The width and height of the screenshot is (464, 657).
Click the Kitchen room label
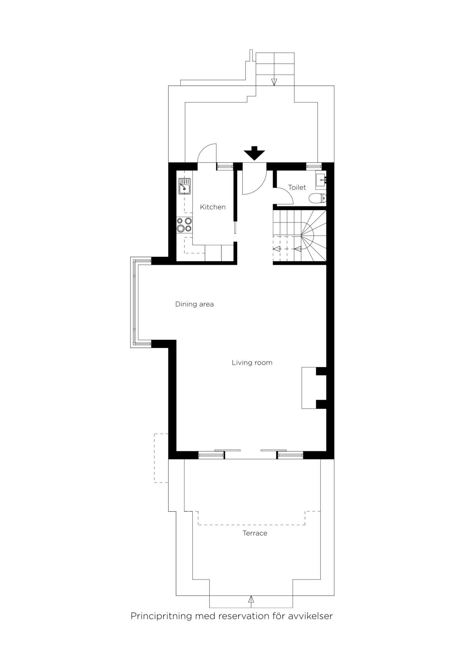213,207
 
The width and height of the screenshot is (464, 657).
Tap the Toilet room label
297,187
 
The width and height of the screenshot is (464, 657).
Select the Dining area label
194,304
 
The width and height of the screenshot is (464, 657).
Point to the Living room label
252,363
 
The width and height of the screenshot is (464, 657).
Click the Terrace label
255,533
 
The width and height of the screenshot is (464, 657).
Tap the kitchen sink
184,186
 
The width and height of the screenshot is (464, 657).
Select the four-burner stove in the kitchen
184,225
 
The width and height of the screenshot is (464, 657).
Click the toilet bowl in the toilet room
318,198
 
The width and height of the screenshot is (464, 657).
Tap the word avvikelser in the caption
310,616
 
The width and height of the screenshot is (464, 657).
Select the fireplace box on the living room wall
309,388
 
